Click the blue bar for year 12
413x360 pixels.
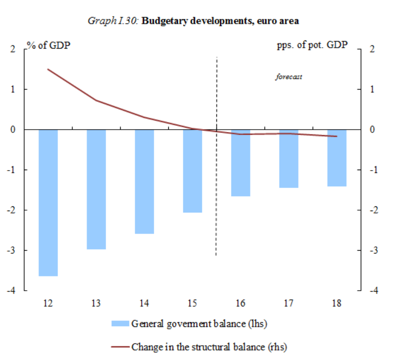pyautogui.click(x=48, y=203)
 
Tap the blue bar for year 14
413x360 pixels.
pyautogui.click(x=144, y=181)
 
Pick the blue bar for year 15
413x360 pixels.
pyautogui.click(x=192, y=171)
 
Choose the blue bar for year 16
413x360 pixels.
pyautogui.click(x=240, y=163)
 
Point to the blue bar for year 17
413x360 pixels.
pyautogui.click(x=289, y=158)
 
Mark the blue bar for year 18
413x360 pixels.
pyautogui.click(x=337, y=158)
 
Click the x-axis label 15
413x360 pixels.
pyautogui.click(x=192, y=303)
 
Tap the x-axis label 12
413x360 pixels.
pyautogui.click(x=48, y=303)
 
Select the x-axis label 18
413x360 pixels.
pyautogui.click(x=337, y=303)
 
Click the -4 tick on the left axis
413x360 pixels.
pyautogui.click(x=11, y=291)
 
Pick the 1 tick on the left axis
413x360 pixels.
pyautogui.click(x=13, y=90)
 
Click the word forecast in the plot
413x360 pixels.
pyautogui.click(x=289, y=77)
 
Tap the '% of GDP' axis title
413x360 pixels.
pyautogui.click(x=49, y=46)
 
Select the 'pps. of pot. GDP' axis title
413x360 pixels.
pyautogui.click(x=312, y=46)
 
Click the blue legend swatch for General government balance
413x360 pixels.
pyautogui.click(x=120, y=324)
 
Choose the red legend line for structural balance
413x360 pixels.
pyautogui.click(x=120, y=347)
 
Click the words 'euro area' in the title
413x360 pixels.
pyautogui.click(x=278, y=21)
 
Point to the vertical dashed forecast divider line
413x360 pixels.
pyautogui.click(x=216, y=188)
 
